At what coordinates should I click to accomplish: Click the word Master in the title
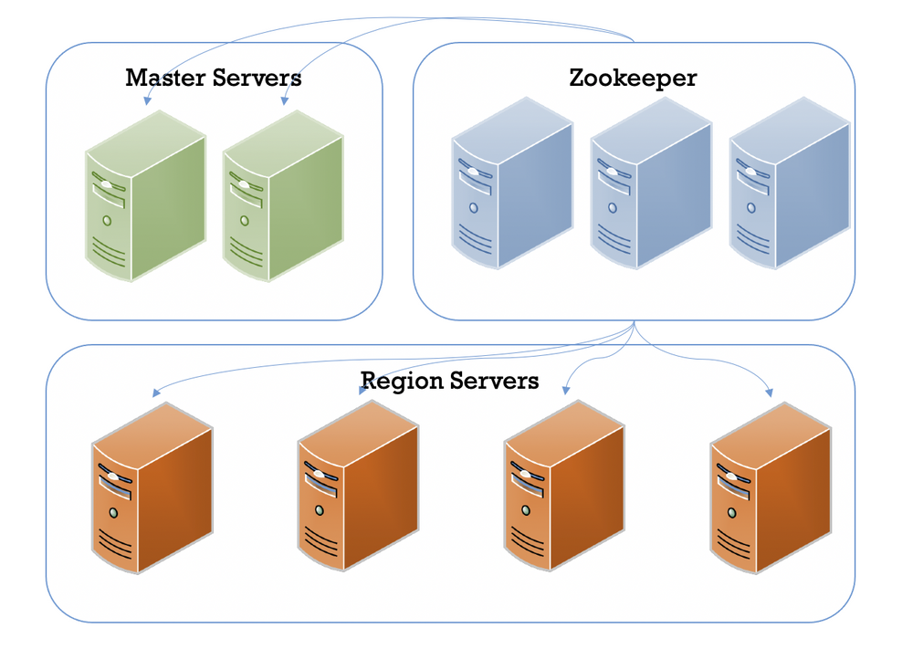pos(164,78)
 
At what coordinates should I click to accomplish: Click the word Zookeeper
pos(633,78)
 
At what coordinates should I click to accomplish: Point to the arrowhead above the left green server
pos(145,102)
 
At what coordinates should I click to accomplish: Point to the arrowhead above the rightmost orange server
pos(770,393)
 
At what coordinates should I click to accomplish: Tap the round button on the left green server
pos(107,221)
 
